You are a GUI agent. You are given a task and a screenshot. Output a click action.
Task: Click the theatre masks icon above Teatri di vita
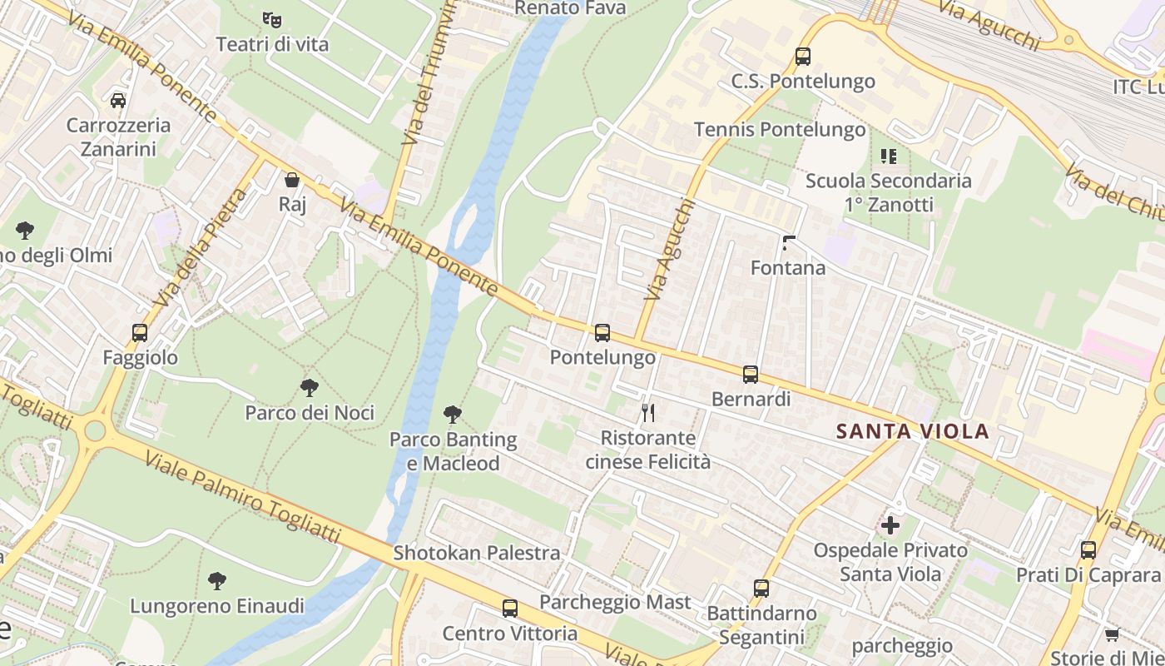(271, 18)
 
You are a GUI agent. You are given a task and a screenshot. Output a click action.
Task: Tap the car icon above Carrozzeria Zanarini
(118, 100)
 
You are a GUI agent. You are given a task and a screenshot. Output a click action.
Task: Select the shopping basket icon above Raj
(292, 180)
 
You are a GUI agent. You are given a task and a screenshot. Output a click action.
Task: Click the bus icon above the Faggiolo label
(140, 333)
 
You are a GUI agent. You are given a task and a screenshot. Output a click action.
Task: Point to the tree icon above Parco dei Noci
(310, 388)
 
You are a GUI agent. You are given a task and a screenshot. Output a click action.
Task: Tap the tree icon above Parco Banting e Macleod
(453, 414)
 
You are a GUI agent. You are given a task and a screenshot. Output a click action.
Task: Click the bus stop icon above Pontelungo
(602, 333)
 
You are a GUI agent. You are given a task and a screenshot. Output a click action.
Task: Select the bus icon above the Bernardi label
(751, 375)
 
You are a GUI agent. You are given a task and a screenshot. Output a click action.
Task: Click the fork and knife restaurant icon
(648, 412)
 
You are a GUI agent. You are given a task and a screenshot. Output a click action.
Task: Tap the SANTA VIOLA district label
(913, 431)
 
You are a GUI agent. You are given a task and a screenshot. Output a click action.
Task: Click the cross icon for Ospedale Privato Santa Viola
(890, 525)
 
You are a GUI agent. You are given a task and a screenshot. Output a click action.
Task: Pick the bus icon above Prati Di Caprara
(1088, 549)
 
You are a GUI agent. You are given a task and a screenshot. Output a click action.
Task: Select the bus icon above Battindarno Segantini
(761, 589)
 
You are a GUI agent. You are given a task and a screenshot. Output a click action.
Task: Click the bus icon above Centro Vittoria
(510, 609)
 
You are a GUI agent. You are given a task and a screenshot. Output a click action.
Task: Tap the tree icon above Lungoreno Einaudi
(217, 580)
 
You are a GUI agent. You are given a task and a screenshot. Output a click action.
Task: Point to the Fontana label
(788, 268)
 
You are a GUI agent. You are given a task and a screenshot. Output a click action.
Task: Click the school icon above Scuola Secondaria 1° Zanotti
(888, 156)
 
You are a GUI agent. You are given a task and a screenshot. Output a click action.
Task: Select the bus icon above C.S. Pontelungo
(803, 57)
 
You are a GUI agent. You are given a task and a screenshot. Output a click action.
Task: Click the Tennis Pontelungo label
(780, 130)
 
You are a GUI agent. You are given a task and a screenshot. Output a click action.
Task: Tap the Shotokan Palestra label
(477, 553)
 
